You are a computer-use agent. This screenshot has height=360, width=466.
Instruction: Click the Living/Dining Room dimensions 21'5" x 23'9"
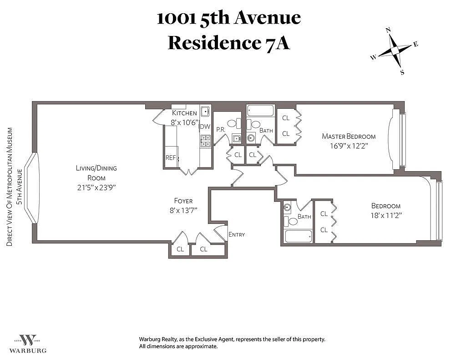pos(96,188)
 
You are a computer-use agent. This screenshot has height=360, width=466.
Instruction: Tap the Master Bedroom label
pos(349,137)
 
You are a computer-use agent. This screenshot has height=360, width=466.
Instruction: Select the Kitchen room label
pos(184,113)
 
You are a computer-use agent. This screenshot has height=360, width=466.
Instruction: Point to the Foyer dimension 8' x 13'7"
pos(183,210)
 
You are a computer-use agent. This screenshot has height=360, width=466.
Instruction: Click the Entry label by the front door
pos(237,234)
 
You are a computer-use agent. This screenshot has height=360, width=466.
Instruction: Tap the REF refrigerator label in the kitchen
pos(171,157)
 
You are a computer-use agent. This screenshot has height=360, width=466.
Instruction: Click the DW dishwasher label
pos(205,127)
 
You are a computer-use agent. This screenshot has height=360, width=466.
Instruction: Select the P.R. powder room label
pos(221,130)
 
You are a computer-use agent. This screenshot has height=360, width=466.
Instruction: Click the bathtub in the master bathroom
pos(261,111)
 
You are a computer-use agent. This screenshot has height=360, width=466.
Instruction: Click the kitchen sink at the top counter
pos(205,112)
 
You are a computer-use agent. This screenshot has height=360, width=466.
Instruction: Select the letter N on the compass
pos(388,30)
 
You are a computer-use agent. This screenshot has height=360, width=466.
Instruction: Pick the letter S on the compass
pos(402,72)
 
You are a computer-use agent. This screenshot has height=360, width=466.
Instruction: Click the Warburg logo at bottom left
pos(28,344)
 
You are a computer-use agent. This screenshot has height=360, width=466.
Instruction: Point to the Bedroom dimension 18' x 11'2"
pos(386,216)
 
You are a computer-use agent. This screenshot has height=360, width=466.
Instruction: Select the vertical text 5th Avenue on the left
pos(20,187)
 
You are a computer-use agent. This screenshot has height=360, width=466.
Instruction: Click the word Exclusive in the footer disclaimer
pos(206,339)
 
